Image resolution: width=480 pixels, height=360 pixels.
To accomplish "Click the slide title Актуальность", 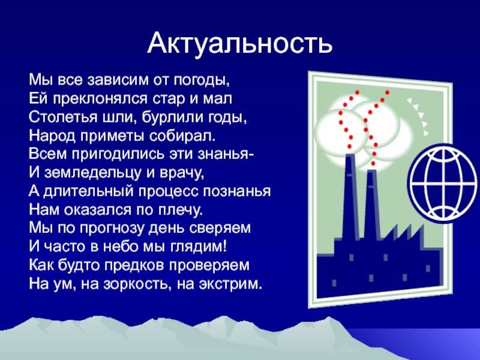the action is pos(239,43).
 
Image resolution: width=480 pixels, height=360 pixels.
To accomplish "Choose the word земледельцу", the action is pos(93,173).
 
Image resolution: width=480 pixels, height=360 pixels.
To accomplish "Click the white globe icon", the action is pos(443,182).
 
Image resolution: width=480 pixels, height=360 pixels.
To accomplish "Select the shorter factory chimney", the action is pos(372,205).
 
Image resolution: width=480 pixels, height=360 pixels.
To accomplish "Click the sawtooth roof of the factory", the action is pos(403,234).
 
